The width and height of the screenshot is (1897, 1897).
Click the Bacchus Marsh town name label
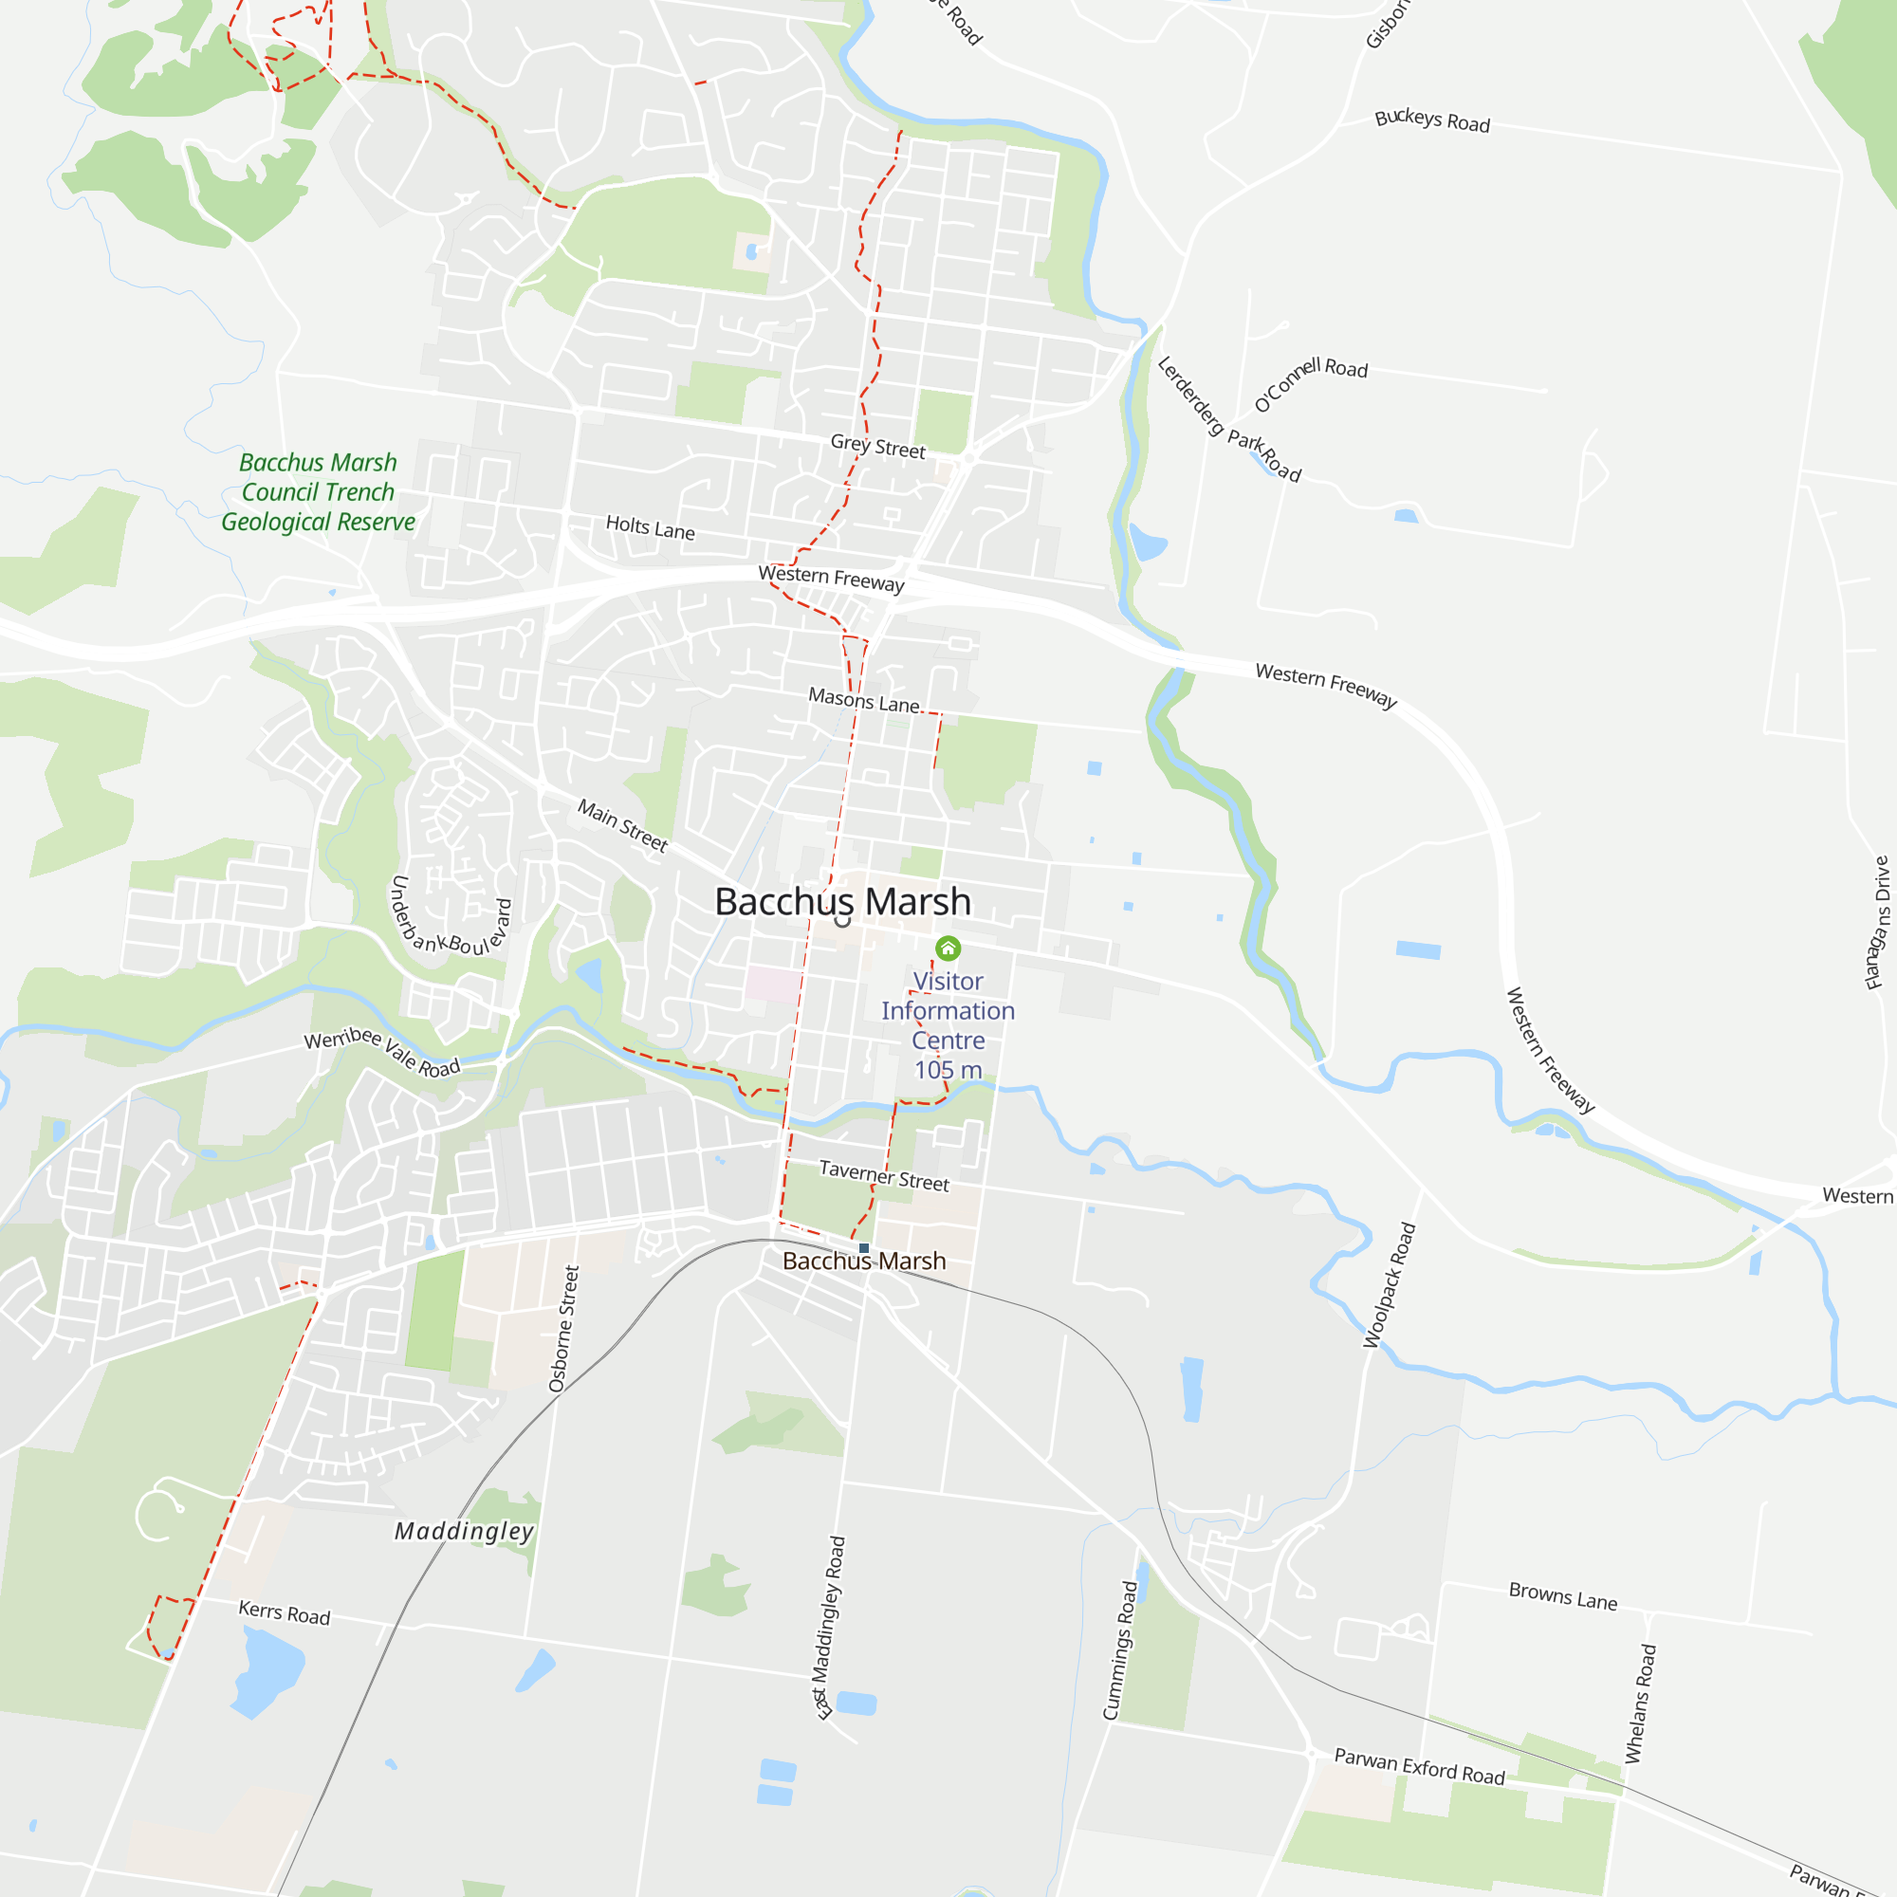[842, 901]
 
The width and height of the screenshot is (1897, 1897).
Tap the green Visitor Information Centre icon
[948, 948]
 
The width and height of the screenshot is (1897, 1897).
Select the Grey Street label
[877, 447]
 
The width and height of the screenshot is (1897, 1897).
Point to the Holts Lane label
[650, 528]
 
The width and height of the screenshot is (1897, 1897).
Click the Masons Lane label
[864, 701]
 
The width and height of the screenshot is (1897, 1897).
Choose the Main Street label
[622, 825]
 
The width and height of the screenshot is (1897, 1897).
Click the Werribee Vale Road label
[382, 1052]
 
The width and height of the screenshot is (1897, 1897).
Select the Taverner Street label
[884, 1175]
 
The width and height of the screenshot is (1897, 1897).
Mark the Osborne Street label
[563, 1328]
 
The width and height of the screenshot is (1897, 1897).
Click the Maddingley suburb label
[465, 1531]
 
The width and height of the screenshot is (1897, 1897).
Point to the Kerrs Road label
[285, 1612]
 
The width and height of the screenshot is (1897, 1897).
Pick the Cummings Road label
[1120, 1649]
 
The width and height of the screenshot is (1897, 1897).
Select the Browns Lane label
[1562, 1595]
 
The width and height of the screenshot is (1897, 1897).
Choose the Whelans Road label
[1641, 1704]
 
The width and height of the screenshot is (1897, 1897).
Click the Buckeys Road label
[1431, 120]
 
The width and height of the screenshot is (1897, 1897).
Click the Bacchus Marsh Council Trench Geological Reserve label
[318, 492]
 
